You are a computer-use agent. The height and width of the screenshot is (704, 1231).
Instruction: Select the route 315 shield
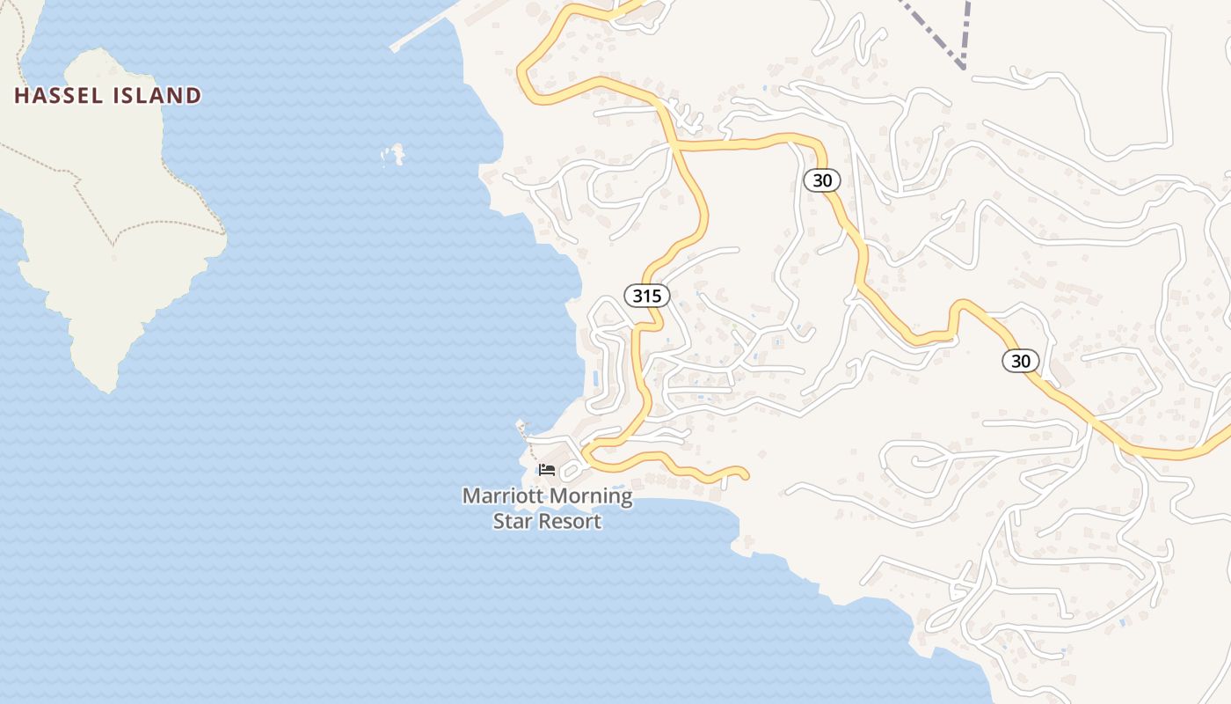pos(647,296)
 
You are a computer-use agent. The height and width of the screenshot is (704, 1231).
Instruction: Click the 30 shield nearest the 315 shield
pos(822,180)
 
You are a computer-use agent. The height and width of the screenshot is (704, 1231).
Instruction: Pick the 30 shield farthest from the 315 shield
pos(1020,361)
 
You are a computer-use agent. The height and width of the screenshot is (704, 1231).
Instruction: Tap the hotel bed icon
pos(547,469)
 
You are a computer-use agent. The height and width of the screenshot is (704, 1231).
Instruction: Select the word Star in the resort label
pos(509,521)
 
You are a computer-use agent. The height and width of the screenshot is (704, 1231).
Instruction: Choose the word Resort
pos(565,521)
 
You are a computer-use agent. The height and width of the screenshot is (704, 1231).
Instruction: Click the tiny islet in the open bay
pos(395,155)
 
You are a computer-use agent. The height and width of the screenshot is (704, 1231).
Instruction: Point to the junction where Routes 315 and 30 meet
pos(675,147)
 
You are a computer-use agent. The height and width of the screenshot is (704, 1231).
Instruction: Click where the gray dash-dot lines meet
pos(965,64)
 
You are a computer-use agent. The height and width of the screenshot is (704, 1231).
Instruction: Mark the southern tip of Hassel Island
pos(106,388)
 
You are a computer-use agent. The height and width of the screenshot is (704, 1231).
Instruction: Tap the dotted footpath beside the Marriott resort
pos(526,435)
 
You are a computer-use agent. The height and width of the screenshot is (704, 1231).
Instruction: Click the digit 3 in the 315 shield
pos(637,296)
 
